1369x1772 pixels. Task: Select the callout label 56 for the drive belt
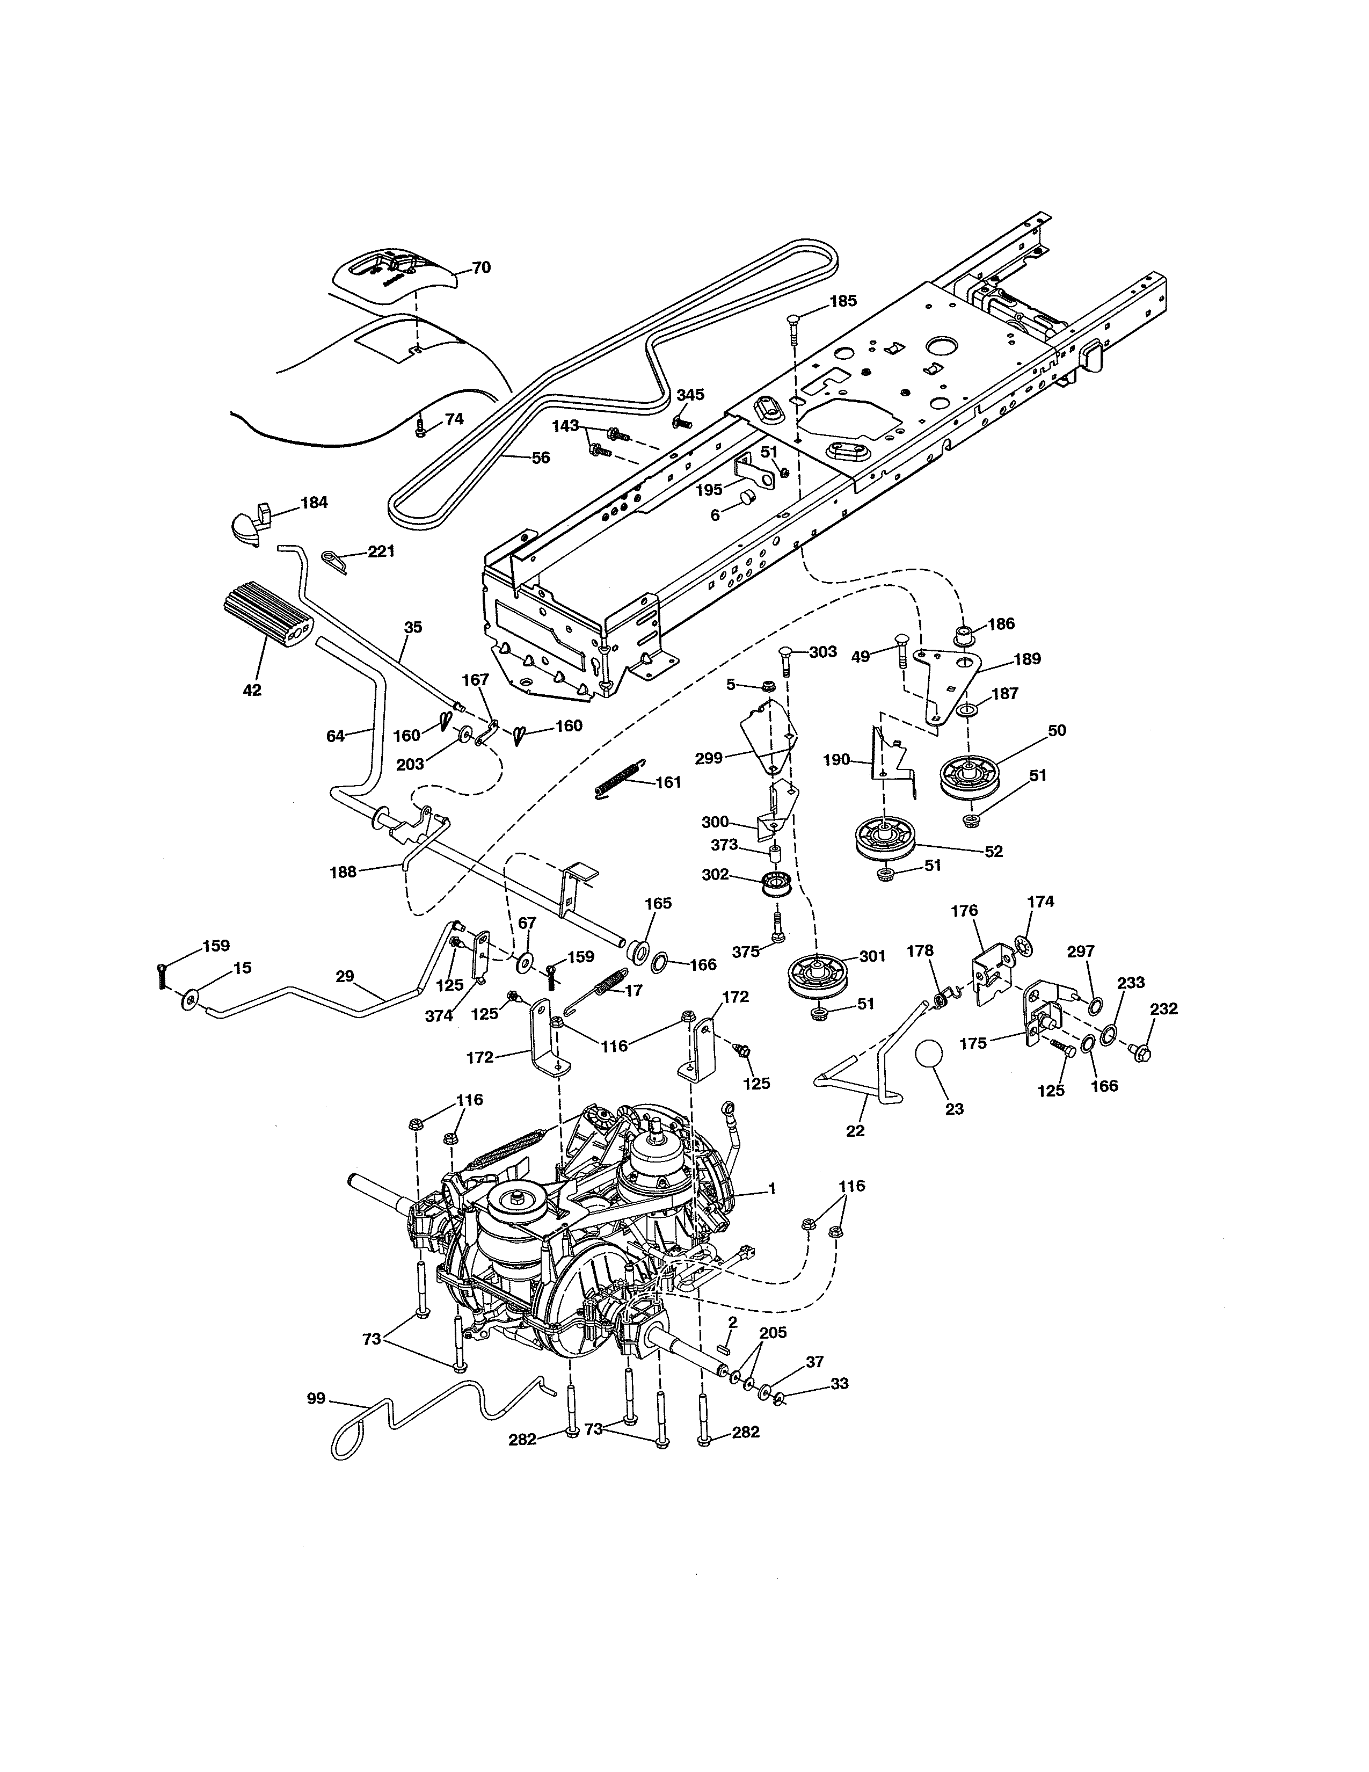[x=540, y=457]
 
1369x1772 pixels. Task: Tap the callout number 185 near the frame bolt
[x=843, y=301]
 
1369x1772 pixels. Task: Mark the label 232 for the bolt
[x=1163, y=1010]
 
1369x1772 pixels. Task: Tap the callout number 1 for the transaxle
[x=772, y=1189]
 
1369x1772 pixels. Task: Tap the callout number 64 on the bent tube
[x=335, y=736]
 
